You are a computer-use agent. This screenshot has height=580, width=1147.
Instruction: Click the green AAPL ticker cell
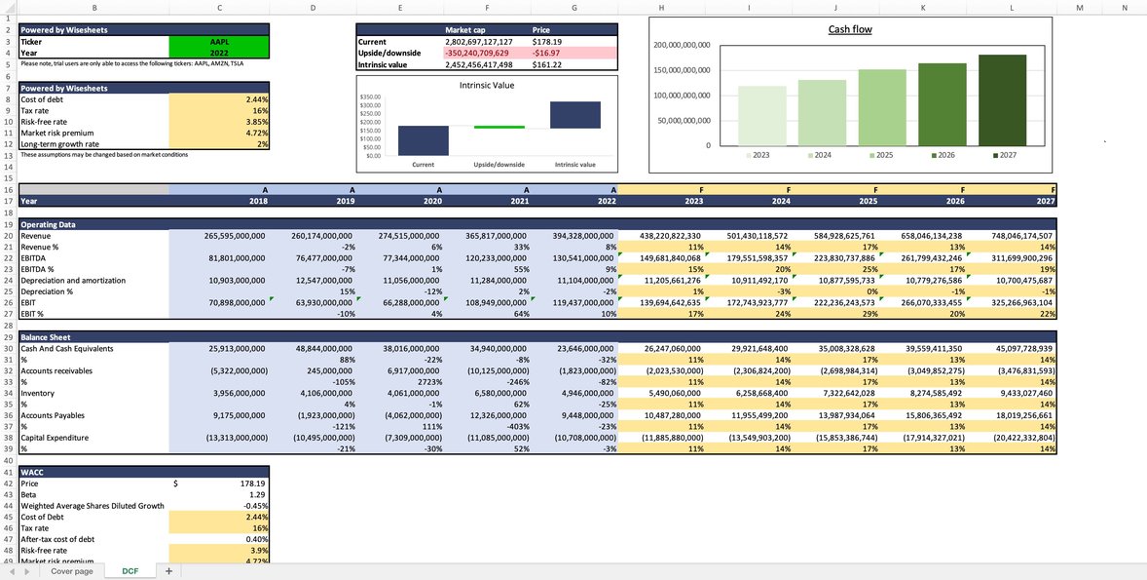(x=219, y=42)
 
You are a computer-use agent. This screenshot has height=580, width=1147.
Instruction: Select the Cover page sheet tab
(x=72, y=571)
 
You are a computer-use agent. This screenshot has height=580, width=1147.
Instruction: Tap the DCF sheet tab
(x=129, y=571)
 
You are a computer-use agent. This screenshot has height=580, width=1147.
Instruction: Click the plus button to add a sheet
(x=168, y=571)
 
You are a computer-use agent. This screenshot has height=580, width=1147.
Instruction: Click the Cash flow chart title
(x=849, y=29)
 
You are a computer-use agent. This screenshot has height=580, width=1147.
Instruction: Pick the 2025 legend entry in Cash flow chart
(x=880, y=155)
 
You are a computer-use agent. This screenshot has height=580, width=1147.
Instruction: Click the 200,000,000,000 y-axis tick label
(x=682, y=46)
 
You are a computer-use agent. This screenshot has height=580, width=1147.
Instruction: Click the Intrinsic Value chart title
(x=487, y=85)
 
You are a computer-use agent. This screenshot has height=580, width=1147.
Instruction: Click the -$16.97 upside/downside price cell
(x=547, y=53)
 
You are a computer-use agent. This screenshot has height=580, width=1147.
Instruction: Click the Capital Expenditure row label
(x=58, y=438)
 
